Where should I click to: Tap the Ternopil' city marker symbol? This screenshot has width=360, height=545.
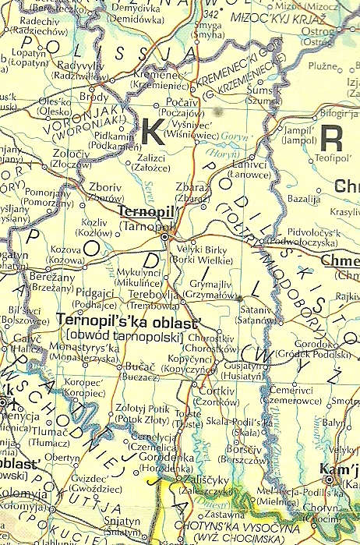165,235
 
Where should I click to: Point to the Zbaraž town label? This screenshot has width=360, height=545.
192,188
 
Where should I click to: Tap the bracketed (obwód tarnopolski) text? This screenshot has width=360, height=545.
124,335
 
